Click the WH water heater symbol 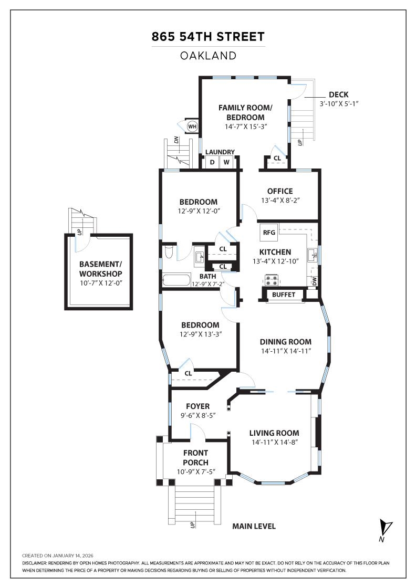pyautogui.click(x=192, y=126)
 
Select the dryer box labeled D pyautogui.click(x=212, y=162)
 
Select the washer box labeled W pyautogui.click(x=227, y=162)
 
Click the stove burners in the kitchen pyautogui.click(x=272, y=280)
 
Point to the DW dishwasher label pyautogui.click(x=314, y=281)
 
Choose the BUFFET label pyautogui.click(x=284, y=295)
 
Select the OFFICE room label pyautogui.click(x=280, y=191)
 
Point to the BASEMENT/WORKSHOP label pyautogui.click(x=101, y=269)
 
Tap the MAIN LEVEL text pyautogui.click(x=254, y=527)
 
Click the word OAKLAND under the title pyautogui.click(x=208, y=56)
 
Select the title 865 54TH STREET pyautogui.click(x=208, y=37)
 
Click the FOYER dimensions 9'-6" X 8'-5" pyautogui.click(x=198, y=416)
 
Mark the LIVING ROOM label pyautogui.click(x=274, y=433)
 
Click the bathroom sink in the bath pyautogui.click(x=199, y=257)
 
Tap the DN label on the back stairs pyautogui.click(x=177, y=140)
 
